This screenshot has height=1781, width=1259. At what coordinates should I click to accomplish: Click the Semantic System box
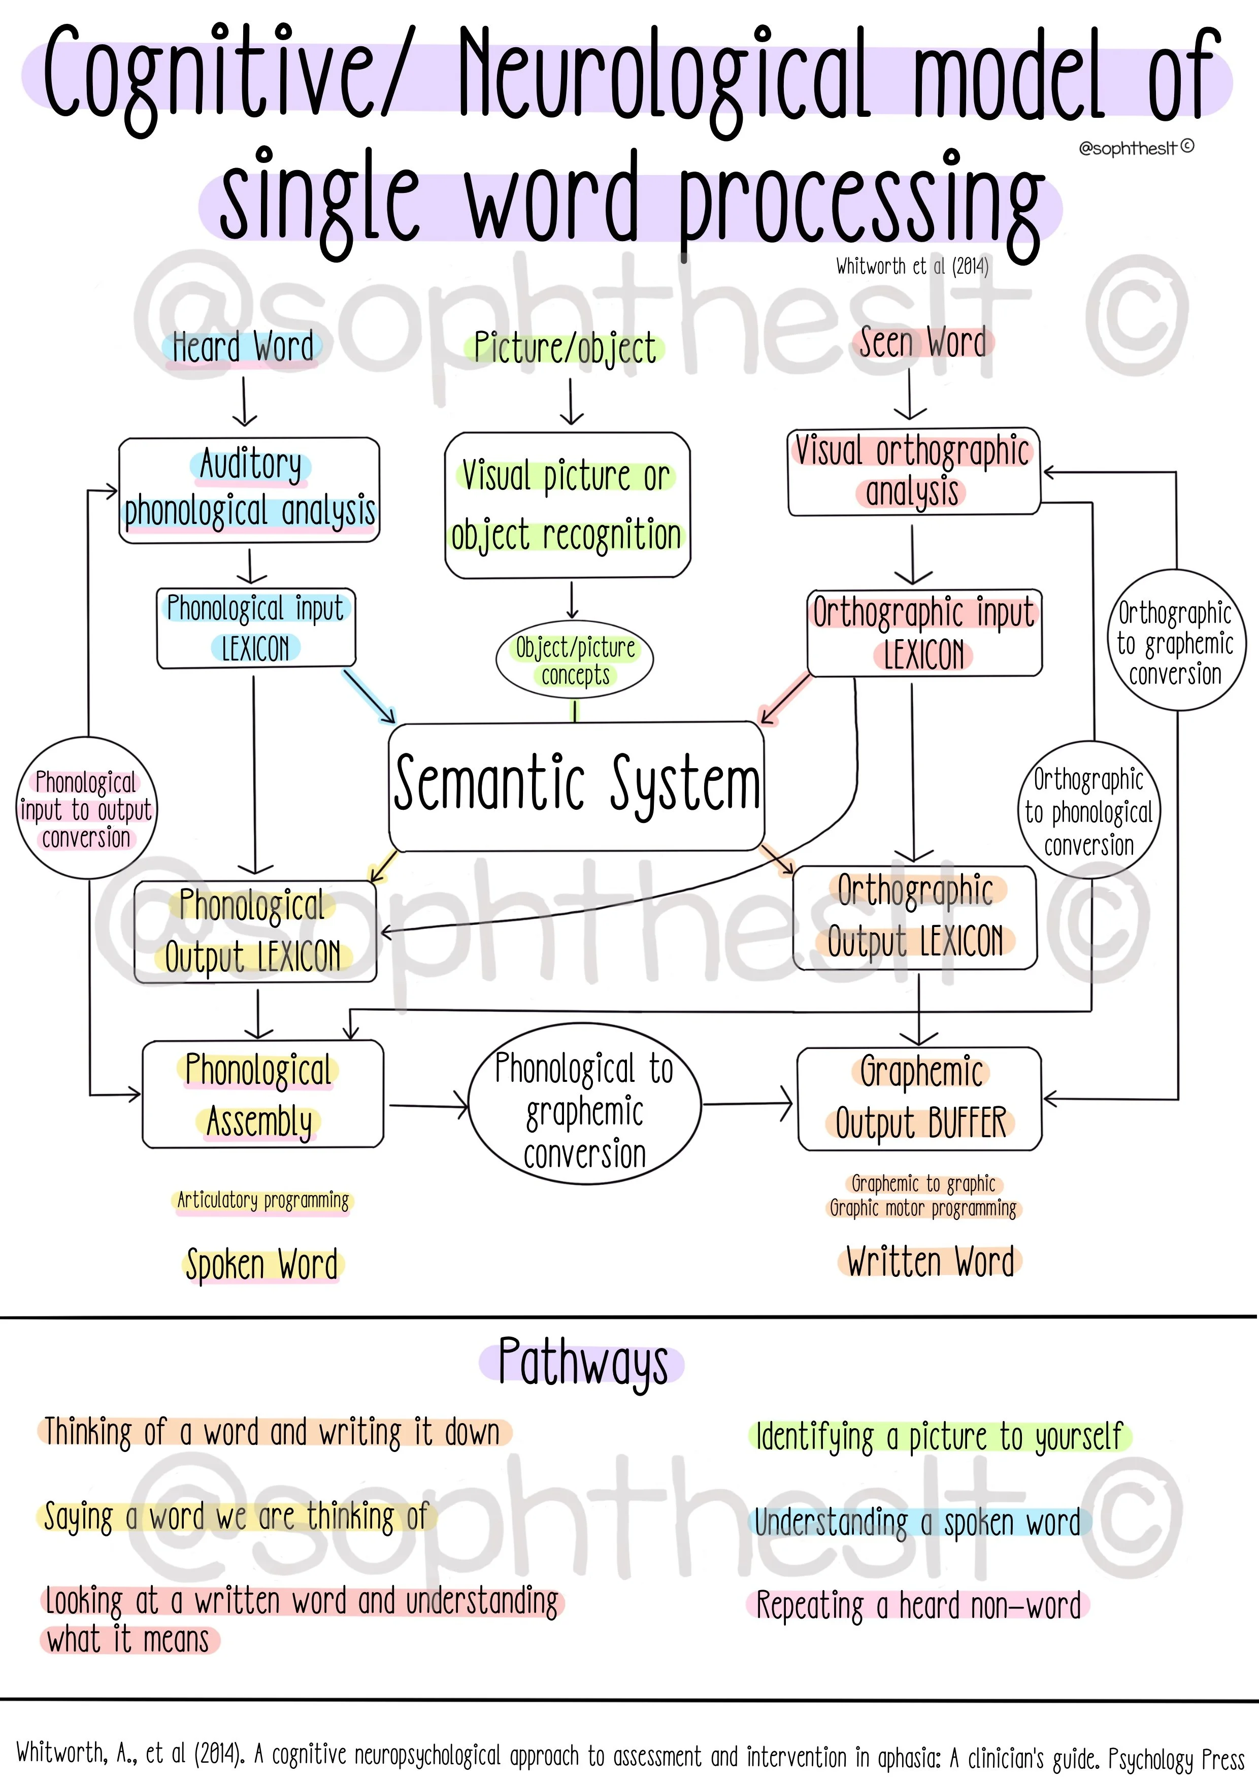point(576,786)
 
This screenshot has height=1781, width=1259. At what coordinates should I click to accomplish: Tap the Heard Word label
point(243,347)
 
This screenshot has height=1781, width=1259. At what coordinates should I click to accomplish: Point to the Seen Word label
point(922,343)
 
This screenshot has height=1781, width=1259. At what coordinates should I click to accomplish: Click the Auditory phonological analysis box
point(249,489)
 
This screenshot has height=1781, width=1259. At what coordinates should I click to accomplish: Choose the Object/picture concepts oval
point(575,660)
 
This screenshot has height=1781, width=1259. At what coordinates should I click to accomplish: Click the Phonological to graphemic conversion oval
point(585,1110)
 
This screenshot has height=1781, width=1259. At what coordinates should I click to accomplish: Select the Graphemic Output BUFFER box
point(920,1098)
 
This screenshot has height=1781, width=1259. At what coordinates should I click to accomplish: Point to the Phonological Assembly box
point(262,1095)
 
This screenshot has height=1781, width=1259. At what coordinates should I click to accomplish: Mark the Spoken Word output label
point(262,1264)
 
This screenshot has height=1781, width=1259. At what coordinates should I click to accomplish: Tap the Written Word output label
point(930,1261)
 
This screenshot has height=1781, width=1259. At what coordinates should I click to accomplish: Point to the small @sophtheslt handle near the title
point(1134,147)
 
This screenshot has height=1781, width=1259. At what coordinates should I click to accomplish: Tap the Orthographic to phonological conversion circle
point(1088,811)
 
